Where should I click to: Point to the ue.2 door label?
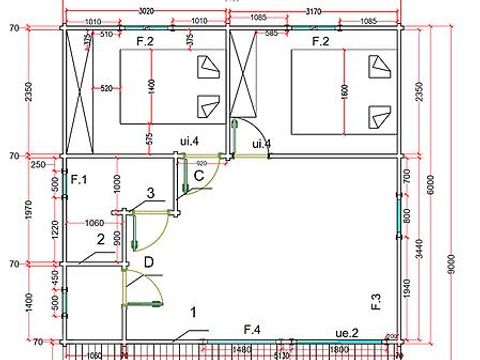tap(347, 331)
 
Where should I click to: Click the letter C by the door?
tap(199, 176)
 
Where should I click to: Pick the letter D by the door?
tap(149, 262)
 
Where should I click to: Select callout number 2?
tap(101, 238)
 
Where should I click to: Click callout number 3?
tap(150, 193)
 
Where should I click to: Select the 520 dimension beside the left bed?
tap(104, 89)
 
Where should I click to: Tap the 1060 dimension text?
tap(95, 222)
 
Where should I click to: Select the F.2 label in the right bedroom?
tap(320, 42)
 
